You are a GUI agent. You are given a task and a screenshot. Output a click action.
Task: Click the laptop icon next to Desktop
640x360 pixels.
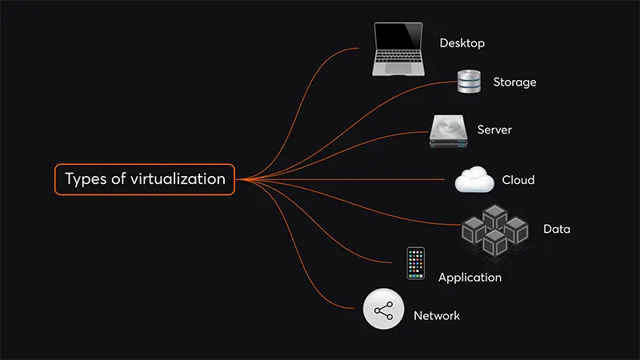click(x=398, y=50)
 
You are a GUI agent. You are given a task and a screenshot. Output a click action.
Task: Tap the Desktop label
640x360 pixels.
click(x=462, y=43)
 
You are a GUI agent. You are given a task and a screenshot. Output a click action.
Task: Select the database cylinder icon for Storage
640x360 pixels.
click(x=469, y=82)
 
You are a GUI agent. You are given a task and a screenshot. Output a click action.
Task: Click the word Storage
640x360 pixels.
click(x=514, y=82)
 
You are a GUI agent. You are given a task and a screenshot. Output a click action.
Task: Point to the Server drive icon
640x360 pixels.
click(x=448, y=131)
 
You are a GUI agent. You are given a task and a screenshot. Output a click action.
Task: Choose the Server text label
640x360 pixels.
click(x=494, y=130)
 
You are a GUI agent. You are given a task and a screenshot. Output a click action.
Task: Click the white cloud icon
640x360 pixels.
click(x=474, y=179)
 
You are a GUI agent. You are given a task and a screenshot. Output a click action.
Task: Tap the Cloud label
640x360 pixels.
click(x=518, y=180)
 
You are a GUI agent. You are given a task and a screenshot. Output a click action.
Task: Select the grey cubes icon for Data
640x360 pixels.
click(x=494, y=230)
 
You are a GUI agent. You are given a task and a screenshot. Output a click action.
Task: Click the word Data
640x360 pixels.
click(x=557, y=229)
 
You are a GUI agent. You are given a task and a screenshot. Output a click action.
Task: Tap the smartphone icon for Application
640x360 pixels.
click(x=415, y=263)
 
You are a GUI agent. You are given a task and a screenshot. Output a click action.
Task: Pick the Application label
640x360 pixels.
click(x=470, y=278)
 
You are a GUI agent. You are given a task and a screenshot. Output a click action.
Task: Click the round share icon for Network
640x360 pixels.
click(x=383, y=309)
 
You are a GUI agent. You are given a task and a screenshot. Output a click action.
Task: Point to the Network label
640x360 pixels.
click(x=437, y=315)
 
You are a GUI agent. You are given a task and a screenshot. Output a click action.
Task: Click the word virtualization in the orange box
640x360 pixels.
click(x=178, y=178)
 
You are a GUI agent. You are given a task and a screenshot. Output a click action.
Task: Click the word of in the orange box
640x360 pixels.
click(x=118, y=178)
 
